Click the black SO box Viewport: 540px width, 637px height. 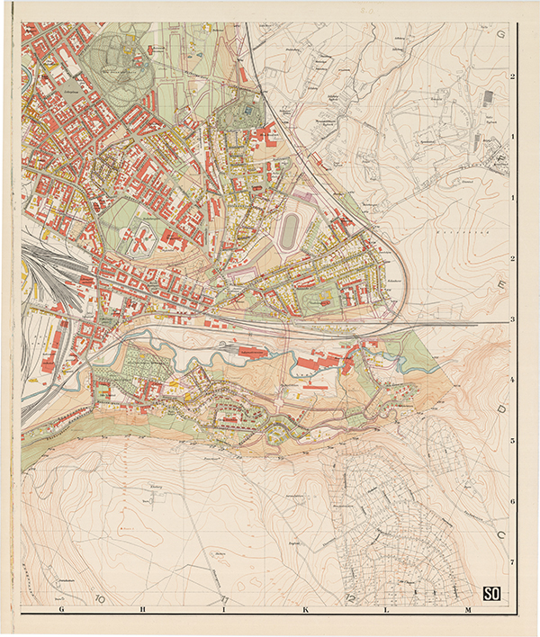(x=491, y=592)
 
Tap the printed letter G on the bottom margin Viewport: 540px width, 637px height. (x=61, y=610)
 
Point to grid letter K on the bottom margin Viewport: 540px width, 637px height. (x=305, y=610)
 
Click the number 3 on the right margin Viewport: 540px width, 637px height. (x=512, y=319)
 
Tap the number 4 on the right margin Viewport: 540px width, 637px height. (x=512, y=380)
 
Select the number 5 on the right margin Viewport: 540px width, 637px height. (x=512, y=441)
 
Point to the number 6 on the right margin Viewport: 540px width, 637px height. (x=512, y=502)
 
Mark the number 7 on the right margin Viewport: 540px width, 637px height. (x=512, y=562)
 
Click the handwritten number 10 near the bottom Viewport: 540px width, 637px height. (x=99, y=597)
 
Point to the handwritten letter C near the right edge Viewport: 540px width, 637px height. (x=500, y=533)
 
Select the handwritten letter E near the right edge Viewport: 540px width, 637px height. (x=500, y=286)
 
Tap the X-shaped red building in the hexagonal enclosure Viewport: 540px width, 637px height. (x=143, y=239)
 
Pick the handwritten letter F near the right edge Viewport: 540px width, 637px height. (x=500, y=162)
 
